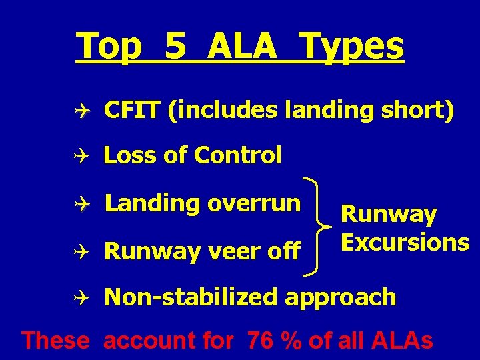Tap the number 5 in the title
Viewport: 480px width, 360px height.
pos(177,47)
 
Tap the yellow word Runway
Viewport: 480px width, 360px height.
pos(389,215)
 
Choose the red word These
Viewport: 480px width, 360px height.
pos(56,341)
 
